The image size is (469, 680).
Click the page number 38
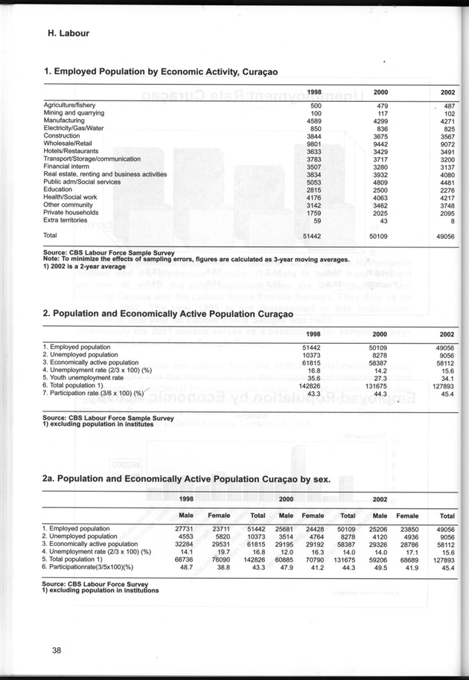(x=51, y=651)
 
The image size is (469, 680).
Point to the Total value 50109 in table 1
(x=380, y=235)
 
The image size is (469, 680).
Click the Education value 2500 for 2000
(x=380, y=190)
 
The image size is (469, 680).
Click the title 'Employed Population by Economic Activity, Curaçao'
(x=160, y=72)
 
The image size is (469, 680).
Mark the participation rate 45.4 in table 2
(x=447, y=393)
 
